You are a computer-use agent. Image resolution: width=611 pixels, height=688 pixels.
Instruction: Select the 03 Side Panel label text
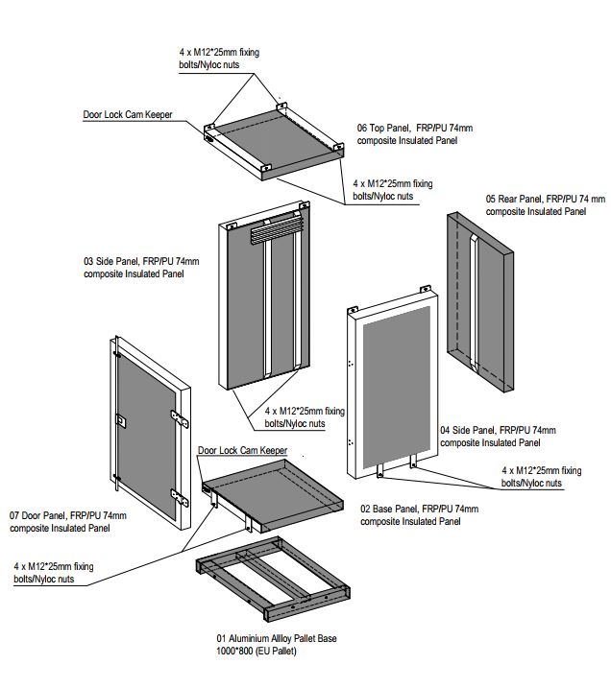(x=141, y=267)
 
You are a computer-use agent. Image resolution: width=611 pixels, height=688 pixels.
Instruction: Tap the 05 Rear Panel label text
(x=545, y=205)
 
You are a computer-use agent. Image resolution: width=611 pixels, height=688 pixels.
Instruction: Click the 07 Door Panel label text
(x=66, y=522)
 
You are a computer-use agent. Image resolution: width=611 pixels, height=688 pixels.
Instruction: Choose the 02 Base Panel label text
(x=419, y=515)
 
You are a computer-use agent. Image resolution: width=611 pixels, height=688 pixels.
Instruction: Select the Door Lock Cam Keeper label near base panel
(x=242, y=450)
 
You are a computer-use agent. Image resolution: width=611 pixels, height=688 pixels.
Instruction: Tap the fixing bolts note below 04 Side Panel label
(x=542, y=477)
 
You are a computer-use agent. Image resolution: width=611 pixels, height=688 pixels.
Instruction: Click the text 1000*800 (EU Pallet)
(x=257, y=652)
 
